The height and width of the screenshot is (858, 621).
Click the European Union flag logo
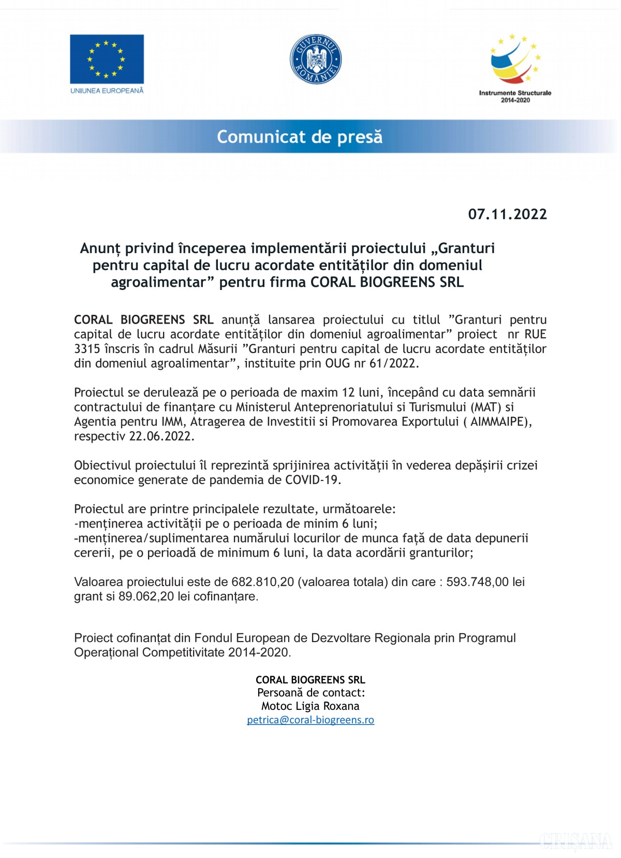(107, 59)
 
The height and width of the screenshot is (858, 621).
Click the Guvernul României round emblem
(315, 59)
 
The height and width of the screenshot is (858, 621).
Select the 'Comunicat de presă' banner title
(300, 137)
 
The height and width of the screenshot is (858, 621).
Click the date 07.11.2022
(507, 214)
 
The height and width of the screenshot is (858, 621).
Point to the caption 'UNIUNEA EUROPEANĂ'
(107, 91)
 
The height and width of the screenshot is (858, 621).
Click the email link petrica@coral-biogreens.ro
(310, 720)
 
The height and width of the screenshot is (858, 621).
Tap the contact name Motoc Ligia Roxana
(310, 706)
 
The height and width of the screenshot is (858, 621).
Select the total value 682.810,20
(262, 582)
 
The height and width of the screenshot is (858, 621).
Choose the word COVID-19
(312, 480)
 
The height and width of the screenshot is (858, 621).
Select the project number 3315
(87, 348)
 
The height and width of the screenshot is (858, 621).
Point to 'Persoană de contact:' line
(310, 693)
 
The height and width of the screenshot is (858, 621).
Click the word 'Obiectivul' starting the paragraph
(100, 466)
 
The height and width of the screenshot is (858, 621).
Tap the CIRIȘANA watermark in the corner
(575, 841)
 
